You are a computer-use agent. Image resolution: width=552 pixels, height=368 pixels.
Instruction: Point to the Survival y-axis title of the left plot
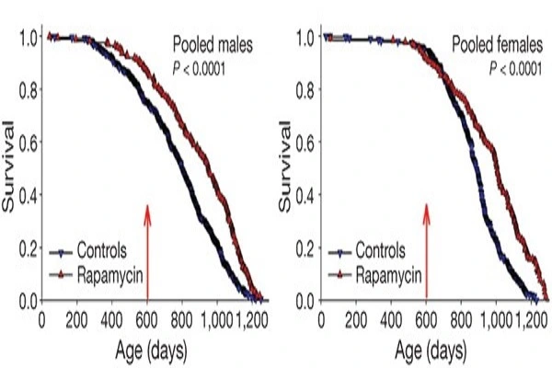(x=12, y=167)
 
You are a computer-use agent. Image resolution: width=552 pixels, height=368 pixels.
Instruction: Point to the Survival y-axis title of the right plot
(x=290, y=167)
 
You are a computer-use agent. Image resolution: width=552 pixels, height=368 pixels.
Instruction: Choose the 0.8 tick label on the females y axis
(x=305, y=91)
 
